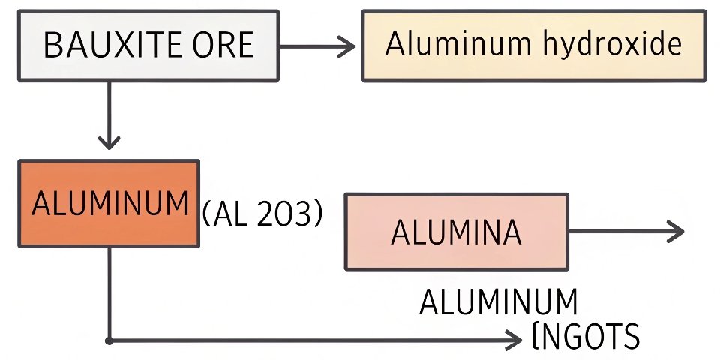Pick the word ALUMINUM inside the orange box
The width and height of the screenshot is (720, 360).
point(109,204)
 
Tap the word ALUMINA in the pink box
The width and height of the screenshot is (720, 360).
point(456,233)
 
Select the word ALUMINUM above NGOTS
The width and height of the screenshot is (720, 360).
point(499,303)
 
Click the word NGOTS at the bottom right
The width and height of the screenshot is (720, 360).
point(590,337)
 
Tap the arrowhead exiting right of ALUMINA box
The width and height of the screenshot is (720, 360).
point(675,232)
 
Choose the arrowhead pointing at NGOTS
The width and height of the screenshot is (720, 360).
point(514,340)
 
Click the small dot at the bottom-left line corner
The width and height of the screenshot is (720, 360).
point(110,340)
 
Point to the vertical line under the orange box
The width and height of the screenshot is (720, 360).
point(110,292)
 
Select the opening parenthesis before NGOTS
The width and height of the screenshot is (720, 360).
point(535,337)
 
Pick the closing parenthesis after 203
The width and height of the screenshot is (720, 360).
point(318,216)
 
